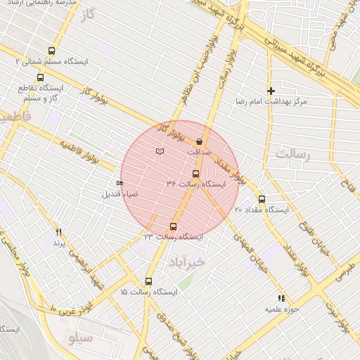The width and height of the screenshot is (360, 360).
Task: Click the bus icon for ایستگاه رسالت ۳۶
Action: [195, 174]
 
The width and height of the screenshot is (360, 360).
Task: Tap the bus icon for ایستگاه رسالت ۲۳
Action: [174, 226]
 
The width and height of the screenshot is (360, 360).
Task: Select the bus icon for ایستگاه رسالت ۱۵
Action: [148, 280]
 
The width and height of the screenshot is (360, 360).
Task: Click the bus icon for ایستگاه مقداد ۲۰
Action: [262, 199]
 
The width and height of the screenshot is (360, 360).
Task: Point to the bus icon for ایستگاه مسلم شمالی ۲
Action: [51, 51]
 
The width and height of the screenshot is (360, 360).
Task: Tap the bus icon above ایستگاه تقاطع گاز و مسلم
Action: [39, 78]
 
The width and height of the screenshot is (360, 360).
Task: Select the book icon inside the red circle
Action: [160, 151]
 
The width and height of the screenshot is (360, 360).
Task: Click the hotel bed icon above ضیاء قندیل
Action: [119, 184]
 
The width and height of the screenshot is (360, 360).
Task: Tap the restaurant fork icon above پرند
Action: [59, 232]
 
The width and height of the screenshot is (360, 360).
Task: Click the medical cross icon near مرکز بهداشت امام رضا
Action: [271, 91]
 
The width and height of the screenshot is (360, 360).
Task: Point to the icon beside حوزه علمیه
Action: [281, 298]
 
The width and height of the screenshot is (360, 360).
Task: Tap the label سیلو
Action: [81, 339]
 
